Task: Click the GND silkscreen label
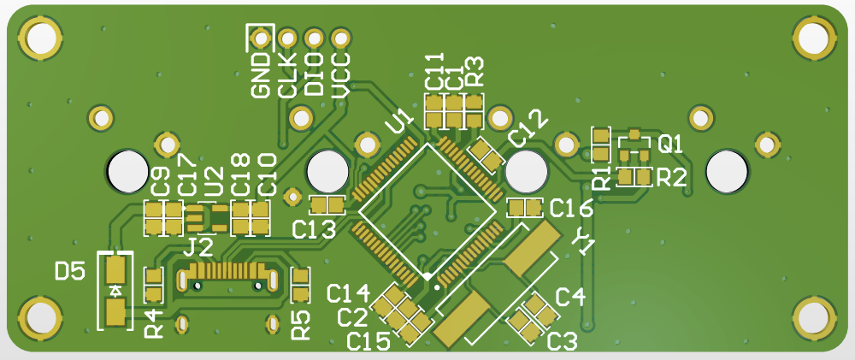(260, 75)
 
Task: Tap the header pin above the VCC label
(340, 38)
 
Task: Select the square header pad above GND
(260, 38)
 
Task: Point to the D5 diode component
(115, 292)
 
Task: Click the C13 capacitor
(326, 205)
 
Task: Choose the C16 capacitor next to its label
(525, 208)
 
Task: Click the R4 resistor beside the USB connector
(154, 286)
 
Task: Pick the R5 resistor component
(301, 286)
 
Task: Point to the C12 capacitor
(486, 154)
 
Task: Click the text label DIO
(314, 75)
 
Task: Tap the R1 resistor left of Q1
(602, 145)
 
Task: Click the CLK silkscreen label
(287, 75)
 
